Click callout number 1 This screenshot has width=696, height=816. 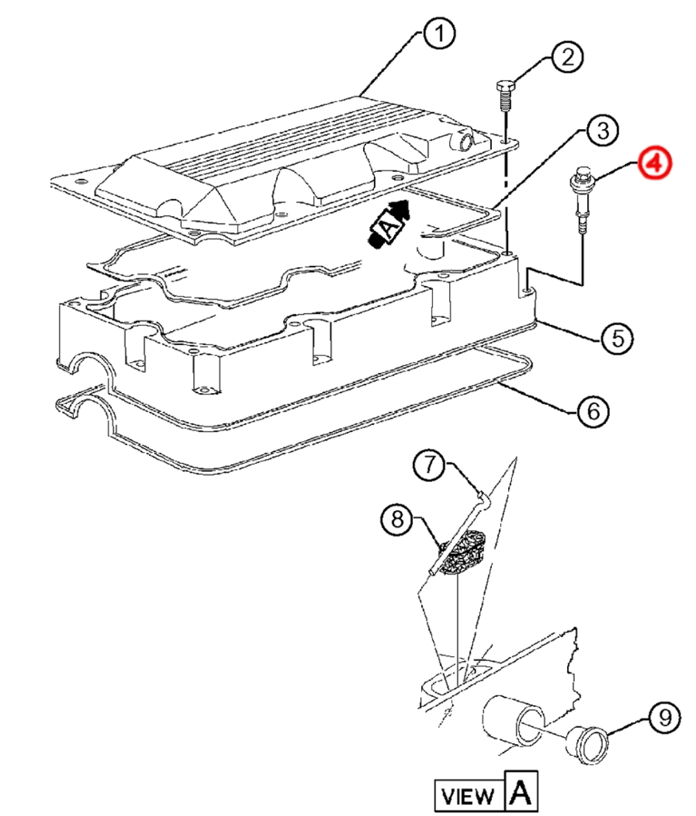pos(439,32)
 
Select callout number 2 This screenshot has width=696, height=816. pos(567,58)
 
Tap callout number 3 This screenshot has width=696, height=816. pos(602,130)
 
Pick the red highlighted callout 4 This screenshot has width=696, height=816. pos(655,163)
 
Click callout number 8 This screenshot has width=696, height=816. pos(397,519)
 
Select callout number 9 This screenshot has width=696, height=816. pos(664,718)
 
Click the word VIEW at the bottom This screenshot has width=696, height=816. pos(468,795)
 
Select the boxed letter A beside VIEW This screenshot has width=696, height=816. pos(520,791)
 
